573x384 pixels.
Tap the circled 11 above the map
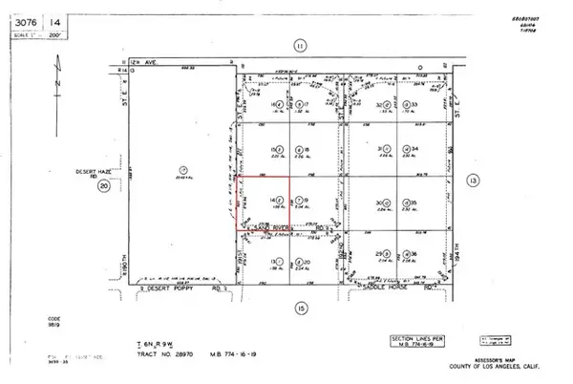click(x=299, y=45)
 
